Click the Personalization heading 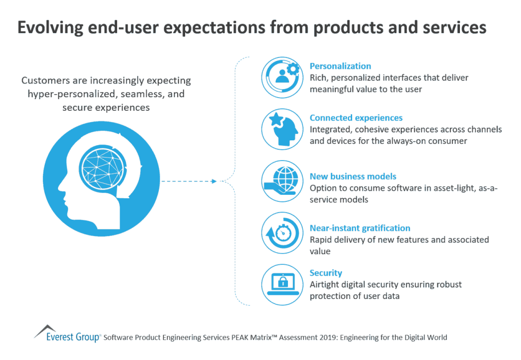[x=340, y=66]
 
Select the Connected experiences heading [x=356, y=118]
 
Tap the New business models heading [x=353, y=176]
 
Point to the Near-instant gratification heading [x=360, y=228]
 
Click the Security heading [x=326, y=273]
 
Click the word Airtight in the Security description [x=325, y=285]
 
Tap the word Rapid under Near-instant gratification [x=322, y=239]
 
